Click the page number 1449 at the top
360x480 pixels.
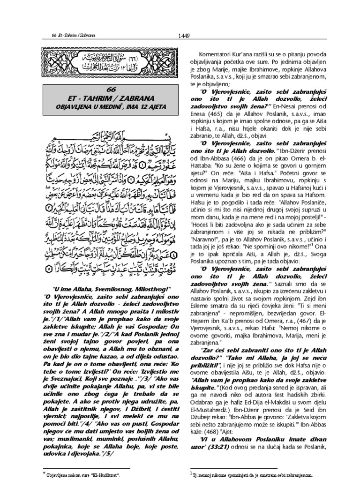click(184, 33)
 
